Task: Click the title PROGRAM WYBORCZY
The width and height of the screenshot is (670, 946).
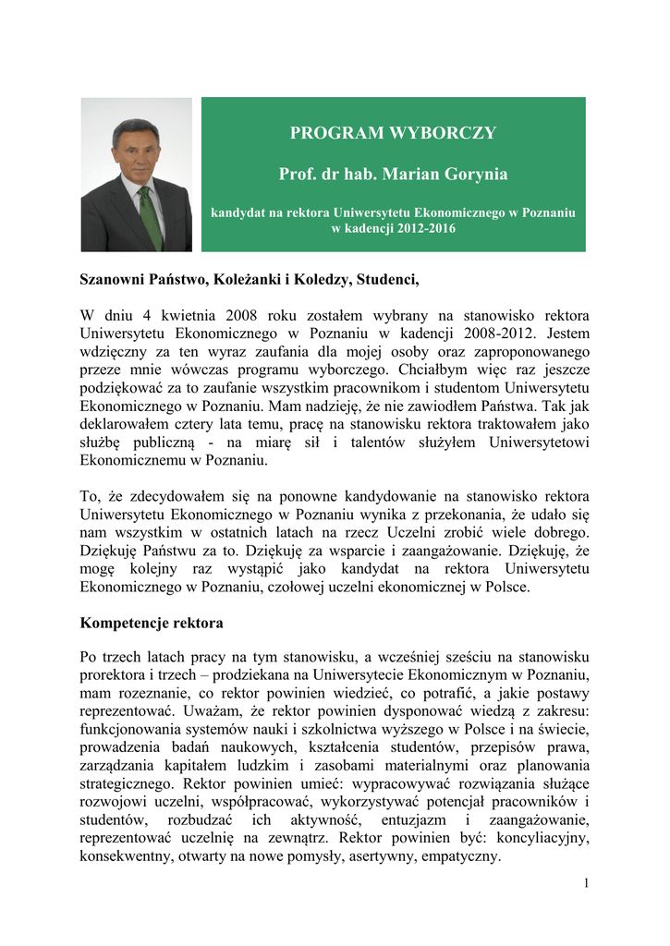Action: [x=393, y=133]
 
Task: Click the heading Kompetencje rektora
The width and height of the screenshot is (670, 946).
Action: [x=152, y=623]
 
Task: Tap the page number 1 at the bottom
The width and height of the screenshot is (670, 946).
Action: [x=586, y=883]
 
